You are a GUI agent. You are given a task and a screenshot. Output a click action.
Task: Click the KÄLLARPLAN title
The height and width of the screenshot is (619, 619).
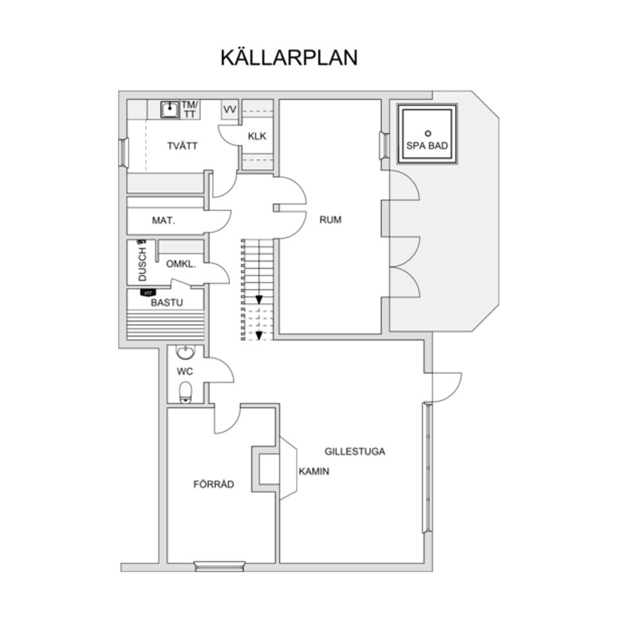tap(288, 57)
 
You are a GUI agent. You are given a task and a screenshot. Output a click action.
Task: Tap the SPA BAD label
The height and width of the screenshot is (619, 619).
tap(427, 146)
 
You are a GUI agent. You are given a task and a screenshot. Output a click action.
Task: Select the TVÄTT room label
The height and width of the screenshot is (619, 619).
tap(182, 146)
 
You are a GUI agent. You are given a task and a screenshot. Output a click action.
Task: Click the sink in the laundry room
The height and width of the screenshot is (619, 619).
tap(170, 109)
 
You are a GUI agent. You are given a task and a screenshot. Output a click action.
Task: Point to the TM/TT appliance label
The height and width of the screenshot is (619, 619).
tap(190, 109)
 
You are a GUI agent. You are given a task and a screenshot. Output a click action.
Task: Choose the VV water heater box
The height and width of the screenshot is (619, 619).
tap(230, 110)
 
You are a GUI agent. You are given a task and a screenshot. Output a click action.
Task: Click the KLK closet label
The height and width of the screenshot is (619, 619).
tap(257, 136)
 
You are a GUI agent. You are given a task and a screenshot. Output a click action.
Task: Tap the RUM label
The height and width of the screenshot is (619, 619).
tap(330, 220)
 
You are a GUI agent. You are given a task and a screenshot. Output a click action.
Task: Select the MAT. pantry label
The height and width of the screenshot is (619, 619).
tap(163, 221)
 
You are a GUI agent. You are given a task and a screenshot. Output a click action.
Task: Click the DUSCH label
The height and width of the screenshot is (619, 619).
tap(142, 264)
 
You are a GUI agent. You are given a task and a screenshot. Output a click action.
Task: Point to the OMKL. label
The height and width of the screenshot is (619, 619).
tap(181, 264)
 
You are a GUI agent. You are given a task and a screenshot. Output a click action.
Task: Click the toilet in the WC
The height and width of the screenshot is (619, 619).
tap(186, 391)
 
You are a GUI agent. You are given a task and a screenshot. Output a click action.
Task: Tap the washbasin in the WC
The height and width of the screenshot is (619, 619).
tap(186, 353)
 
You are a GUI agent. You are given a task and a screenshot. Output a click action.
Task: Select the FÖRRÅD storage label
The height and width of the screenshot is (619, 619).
tap(213, 484)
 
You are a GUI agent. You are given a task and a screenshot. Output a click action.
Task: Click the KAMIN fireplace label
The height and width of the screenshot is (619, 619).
tap(313, 471)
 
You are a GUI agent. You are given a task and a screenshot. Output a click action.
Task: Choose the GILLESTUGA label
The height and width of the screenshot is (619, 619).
tap(355, 451)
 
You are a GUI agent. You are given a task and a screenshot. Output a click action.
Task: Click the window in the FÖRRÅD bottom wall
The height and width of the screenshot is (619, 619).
tap(219, 567)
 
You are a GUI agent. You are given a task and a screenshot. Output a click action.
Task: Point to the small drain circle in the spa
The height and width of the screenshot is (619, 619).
tap(427, 133)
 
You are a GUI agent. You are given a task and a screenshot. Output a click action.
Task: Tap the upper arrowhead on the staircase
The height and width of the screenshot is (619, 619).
tap(259, 300)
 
